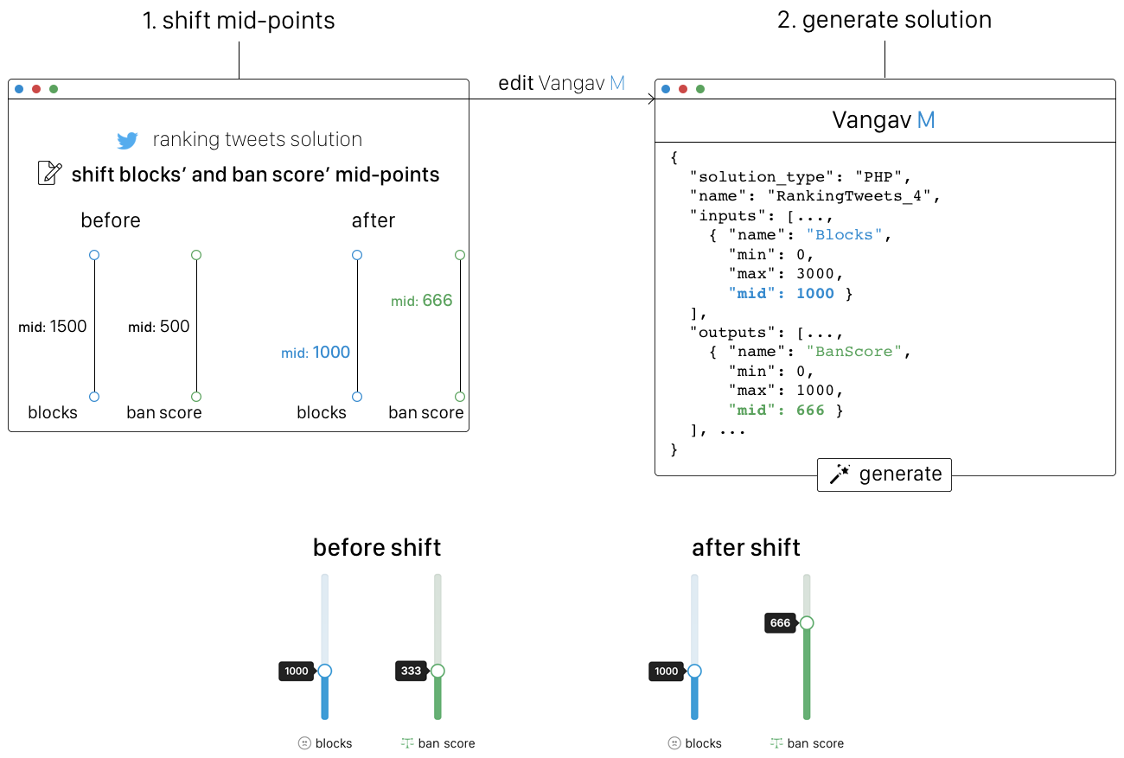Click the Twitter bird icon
point(128,141)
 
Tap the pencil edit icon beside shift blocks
point(50,174)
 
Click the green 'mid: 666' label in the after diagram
point(422,301)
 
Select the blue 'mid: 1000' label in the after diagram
point(316,352)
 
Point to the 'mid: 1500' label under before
point(53,327)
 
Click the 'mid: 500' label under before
point(159,327)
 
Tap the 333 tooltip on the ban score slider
point(411,671)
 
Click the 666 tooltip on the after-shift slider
point(780,623)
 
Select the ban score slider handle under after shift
point(807,622)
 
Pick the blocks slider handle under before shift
point(325,671)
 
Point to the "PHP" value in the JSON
point(879,176)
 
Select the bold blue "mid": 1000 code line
point(782,293)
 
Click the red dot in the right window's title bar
point(683,88)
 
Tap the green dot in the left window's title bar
point(54,88)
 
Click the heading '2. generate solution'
point(884,21)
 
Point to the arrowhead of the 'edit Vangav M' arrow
point(651,100)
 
